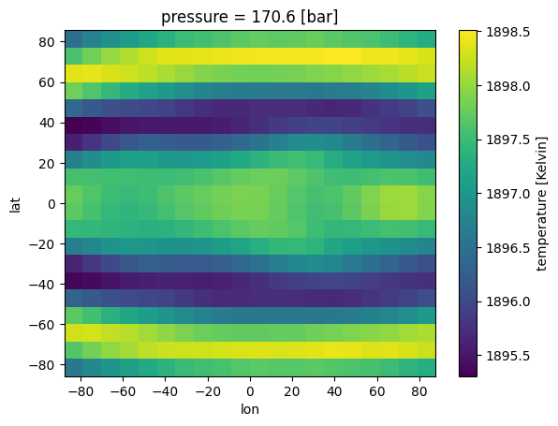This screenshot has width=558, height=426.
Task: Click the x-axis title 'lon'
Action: click(x=250, y=409)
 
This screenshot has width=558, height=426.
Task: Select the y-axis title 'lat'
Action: click(x=15, y=203)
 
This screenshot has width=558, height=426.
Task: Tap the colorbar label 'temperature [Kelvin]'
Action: click(x=542, y=203)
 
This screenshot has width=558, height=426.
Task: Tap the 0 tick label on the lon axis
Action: click(x=250, y=390)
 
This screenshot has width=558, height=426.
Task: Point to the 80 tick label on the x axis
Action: click(x=420, y=390)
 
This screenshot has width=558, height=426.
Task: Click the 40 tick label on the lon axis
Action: click(x=335, y=390)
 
